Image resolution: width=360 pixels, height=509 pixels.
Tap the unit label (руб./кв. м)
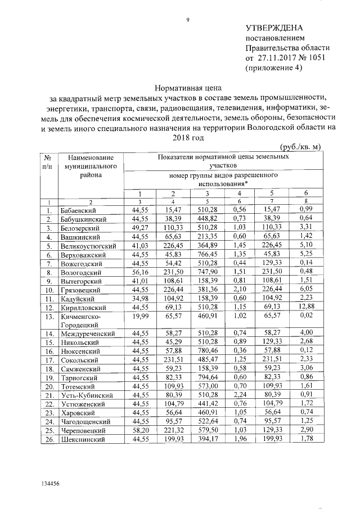pyautogui.click(x=300, y=147)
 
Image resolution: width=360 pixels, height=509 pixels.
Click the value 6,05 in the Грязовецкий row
pyautogui.click(x=306, y=289)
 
